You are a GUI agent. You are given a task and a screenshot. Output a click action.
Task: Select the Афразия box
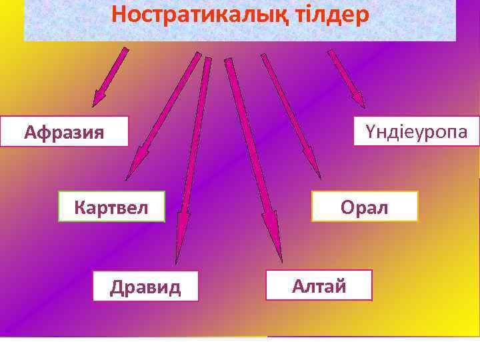(64, 131)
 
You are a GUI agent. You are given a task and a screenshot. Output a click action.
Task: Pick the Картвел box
(111, 206)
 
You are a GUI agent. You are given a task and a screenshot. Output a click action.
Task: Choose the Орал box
(364, 206)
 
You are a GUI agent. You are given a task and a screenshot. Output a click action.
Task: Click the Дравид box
(145, 286)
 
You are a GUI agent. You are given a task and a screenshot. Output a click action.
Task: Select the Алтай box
(319, 285)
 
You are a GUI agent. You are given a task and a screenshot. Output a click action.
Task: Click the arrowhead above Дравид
(177, 251)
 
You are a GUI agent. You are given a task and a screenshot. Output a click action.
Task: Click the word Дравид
(145, 287)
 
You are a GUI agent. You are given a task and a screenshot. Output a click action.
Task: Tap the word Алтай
(319, 286)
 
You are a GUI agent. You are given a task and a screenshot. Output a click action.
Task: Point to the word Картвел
(111, 206)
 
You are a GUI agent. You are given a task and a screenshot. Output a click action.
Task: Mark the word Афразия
(64, 132)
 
